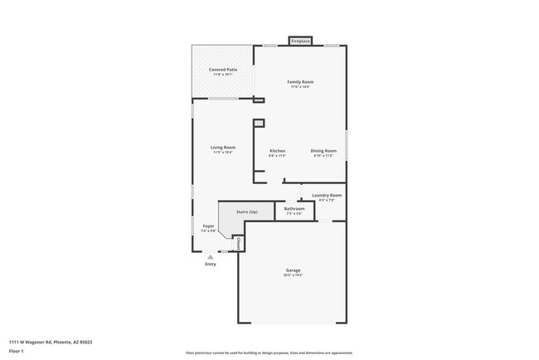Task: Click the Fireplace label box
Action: tap(300, 41)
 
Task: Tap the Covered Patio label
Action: tap(222, 70)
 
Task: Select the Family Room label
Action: tap(299, 82)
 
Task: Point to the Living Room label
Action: tap(222, 148)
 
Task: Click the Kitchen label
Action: tap(277, 151)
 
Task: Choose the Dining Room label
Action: tap(322, 151)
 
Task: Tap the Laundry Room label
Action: tap(327, 196)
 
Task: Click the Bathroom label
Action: tap(294, 209)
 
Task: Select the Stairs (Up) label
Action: tap(247, 212)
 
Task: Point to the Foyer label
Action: tap(208, 226)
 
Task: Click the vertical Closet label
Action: tap(239, 244)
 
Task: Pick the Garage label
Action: tap(294, 270)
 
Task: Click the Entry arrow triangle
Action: tap(211, 257)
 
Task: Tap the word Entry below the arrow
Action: tap(211, 265)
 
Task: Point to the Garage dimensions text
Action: tap(294, 275)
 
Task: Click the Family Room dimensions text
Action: tap(299, 87)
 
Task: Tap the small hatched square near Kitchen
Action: tap(259, 124)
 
